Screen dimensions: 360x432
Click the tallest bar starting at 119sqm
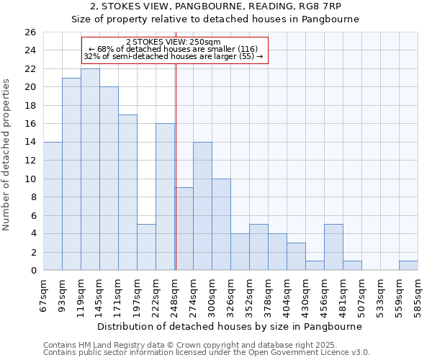point(90,169)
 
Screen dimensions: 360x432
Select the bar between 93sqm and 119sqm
point(71,174)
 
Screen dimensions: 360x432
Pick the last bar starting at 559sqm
point(408,266)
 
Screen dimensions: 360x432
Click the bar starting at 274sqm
point(202,206)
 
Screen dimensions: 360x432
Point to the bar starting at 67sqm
point(53,206)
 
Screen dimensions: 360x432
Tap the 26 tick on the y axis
point(30,32)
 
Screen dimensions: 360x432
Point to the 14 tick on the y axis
point(30,142)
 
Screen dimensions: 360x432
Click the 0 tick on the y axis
point(33,271)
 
